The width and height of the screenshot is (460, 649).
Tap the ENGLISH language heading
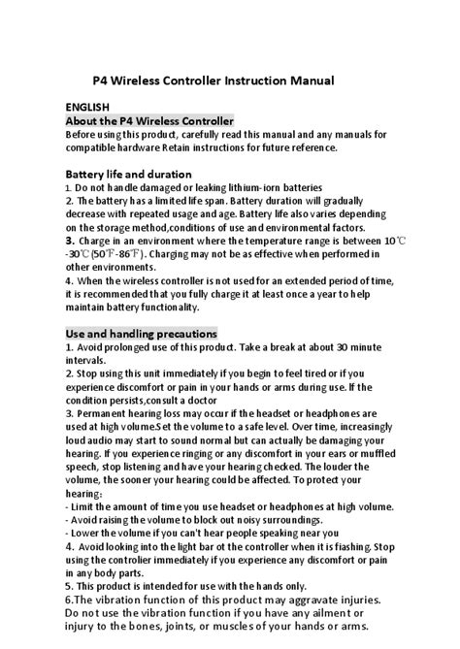[x=87, y=106]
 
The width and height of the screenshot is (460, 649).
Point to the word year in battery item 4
[x=329, y=294]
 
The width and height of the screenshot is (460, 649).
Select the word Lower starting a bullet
[x=86, y=533]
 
